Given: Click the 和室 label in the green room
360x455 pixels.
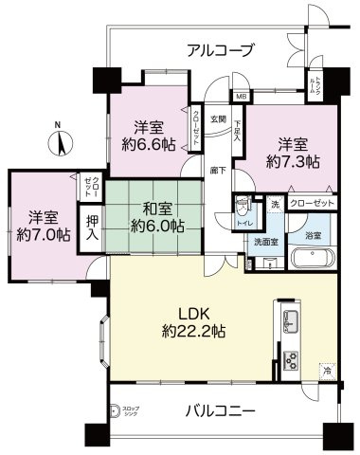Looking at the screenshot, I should click(157, 208).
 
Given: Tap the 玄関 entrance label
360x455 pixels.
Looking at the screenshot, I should click(217, 119).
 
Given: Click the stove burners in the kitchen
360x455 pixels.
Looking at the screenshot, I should click(289, 359).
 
